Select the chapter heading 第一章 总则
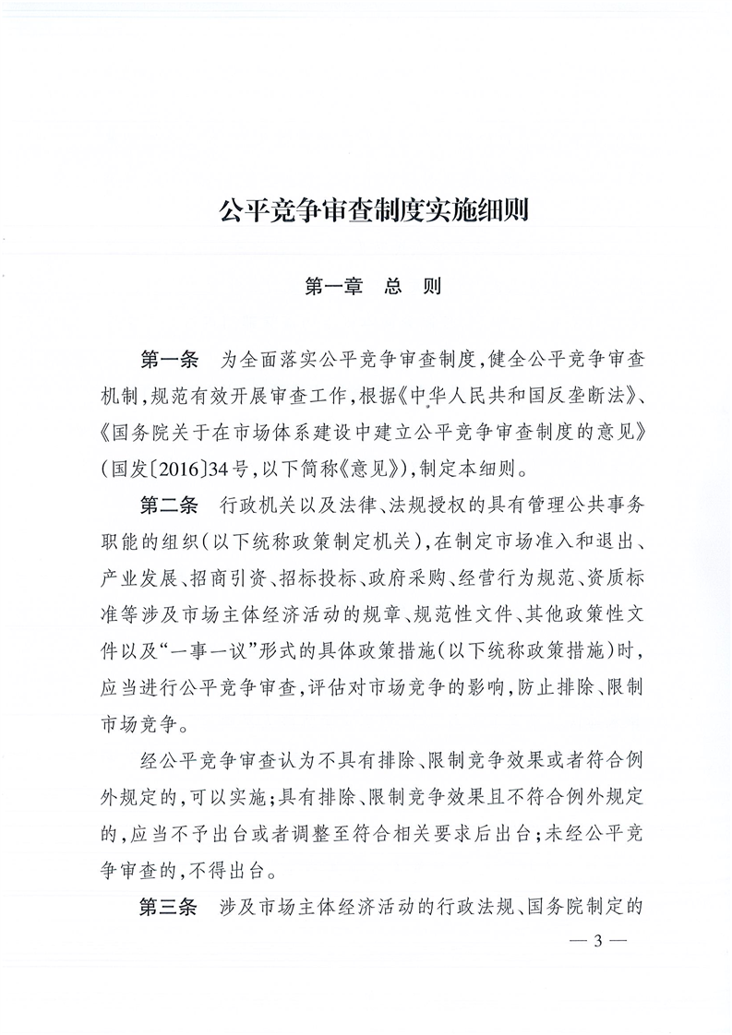click(x=372, y=287)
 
